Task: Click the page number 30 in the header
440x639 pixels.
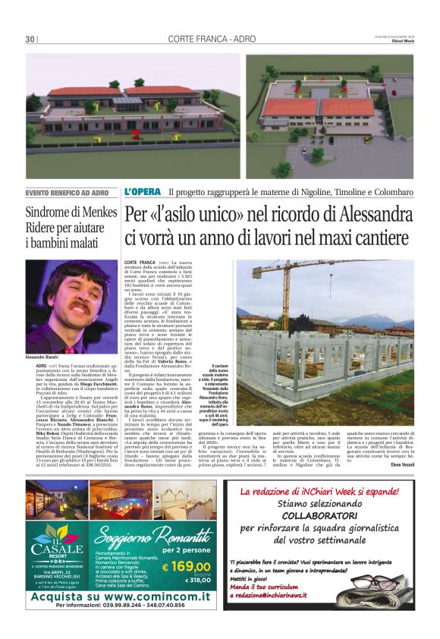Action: pos(30,39)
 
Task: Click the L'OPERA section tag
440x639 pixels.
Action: pos(143,192)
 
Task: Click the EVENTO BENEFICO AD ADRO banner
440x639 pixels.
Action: pos(72,193)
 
